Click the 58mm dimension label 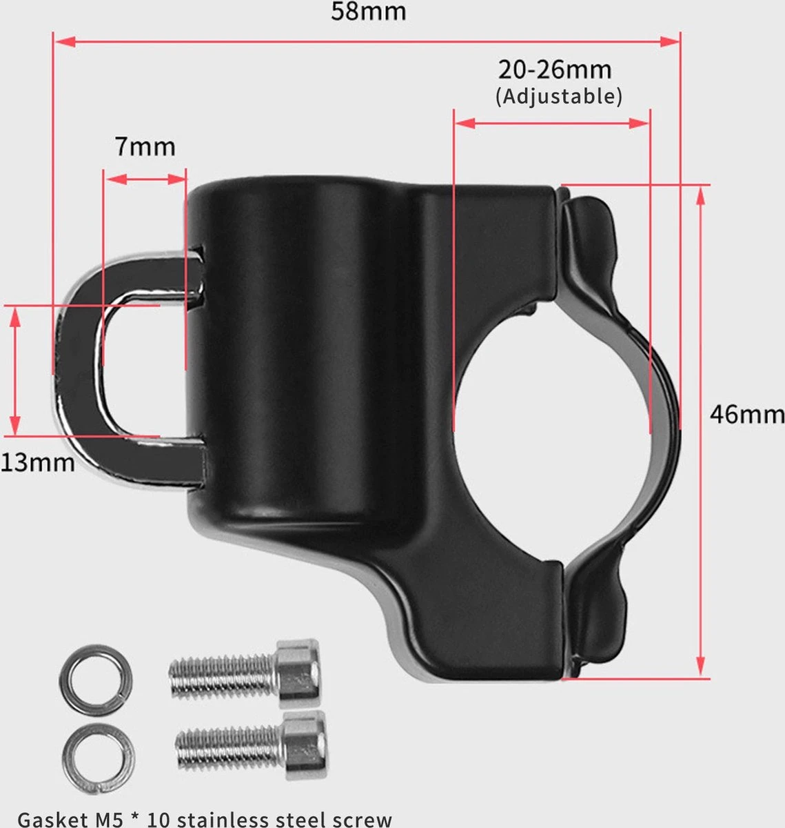(x=368, y=11)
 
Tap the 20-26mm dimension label (x=555, y=70)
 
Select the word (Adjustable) (x=559, y=97)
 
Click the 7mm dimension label (x=145, y=147)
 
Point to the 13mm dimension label (x=38, y=462)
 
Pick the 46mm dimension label (x=747, y=415)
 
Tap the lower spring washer (x=99, y=759)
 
